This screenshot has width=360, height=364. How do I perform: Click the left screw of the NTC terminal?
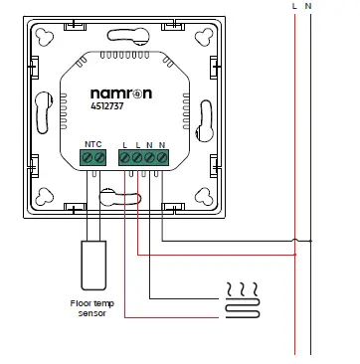pos(88,157)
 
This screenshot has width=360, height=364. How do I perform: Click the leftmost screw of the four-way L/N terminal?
pos(124,157)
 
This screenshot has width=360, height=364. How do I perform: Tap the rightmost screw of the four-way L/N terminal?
pos(163,157)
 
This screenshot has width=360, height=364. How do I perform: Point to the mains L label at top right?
pos(295,7)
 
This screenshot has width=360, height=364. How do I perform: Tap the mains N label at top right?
pos(310,7)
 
